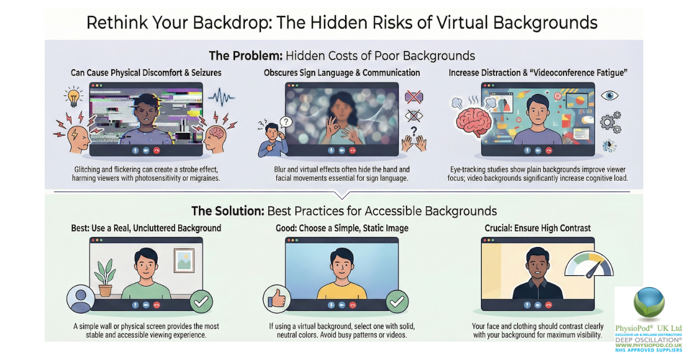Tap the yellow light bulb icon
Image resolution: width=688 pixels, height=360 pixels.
pos(73,96)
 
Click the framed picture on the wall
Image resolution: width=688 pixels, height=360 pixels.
pos(184,260)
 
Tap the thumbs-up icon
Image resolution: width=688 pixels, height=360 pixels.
pos(276,299)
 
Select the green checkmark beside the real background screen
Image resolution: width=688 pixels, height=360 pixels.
pos(200,301)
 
